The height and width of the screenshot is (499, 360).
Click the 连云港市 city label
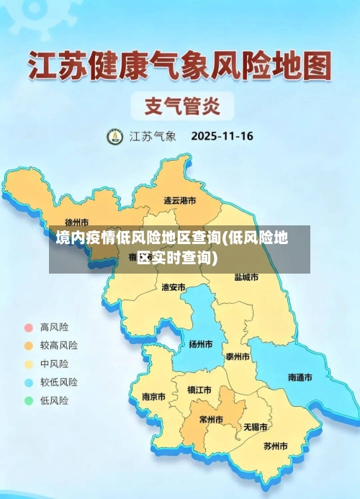tap(180, 200)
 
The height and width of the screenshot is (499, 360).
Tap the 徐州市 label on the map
tap(77, 222)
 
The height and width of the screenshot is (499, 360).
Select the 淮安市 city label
tap(173, 287)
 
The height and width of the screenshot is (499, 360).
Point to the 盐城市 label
tap(246, 277)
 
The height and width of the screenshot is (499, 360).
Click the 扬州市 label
tap(200, 344)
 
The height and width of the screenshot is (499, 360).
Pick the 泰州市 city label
tap(238, 356)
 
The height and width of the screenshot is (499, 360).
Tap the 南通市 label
tap(300, 377)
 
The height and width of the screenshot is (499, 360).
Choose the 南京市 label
tap(153, 397)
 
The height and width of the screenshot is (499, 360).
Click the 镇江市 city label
tap(199, 390)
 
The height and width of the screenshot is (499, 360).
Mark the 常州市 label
tap(211, 420)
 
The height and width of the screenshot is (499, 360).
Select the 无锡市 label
tap(256, 426)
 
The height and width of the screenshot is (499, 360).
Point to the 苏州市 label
tap(275, 446)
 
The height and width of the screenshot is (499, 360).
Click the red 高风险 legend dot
tap(29, 327)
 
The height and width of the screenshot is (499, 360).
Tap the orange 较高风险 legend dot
tap(29, 345)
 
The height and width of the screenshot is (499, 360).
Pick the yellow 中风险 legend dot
tap(29, 364)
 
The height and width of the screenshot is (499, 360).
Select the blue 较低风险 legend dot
tap(29, 382)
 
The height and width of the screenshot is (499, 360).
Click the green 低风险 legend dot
tap(29, 400)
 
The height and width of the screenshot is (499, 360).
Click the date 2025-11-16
tap(222, 135)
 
